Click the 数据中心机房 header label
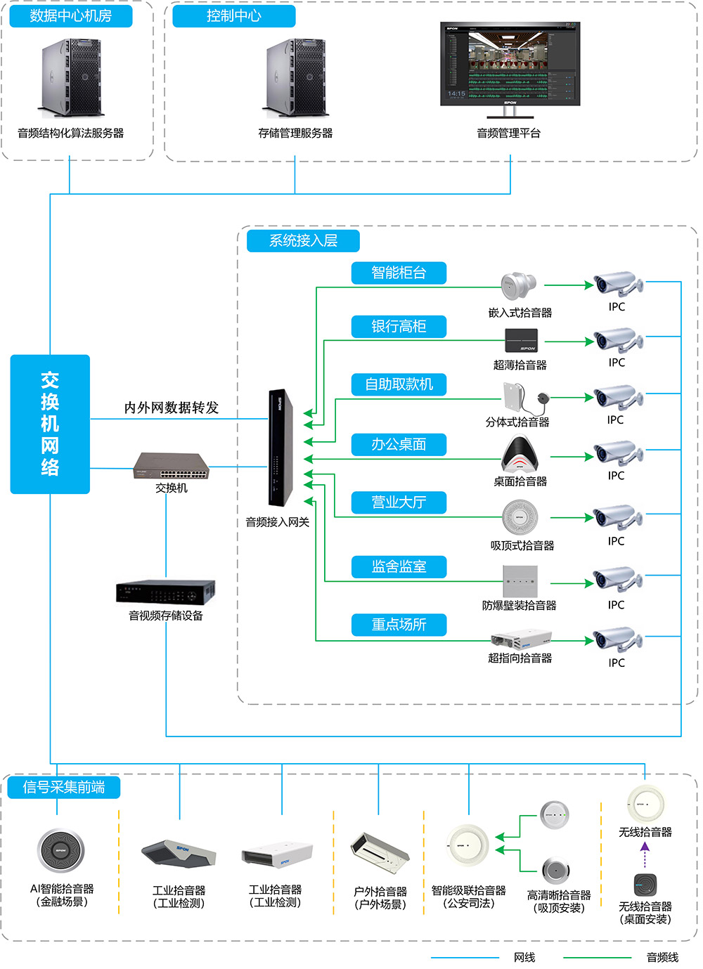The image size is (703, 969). [71, 16]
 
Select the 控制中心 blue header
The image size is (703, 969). [233, 16]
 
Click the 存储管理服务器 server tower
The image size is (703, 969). [296, 78]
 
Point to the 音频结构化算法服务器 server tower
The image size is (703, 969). [71, 78]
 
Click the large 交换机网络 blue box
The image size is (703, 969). [50, 424]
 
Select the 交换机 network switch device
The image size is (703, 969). [172, 466]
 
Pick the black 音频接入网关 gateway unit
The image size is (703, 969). [279, 448]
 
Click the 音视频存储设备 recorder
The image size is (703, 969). [166, 592]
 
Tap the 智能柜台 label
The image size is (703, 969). [399, 273]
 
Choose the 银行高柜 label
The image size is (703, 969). [399, 326]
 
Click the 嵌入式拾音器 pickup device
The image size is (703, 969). [519, 286]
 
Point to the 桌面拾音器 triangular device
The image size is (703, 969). [520, 455]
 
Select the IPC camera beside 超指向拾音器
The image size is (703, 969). [617, 639]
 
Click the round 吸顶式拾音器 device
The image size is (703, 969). [520, 518]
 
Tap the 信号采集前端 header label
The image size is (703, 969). [64, 787]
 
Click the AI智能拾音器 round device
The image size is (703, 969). [60, 851]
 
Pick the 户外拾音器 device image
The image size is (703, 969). [380, 851]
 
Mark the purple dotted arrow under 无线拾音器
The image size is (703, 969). [645, 857]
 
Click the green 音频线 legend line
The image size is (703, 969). [597, 957]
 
